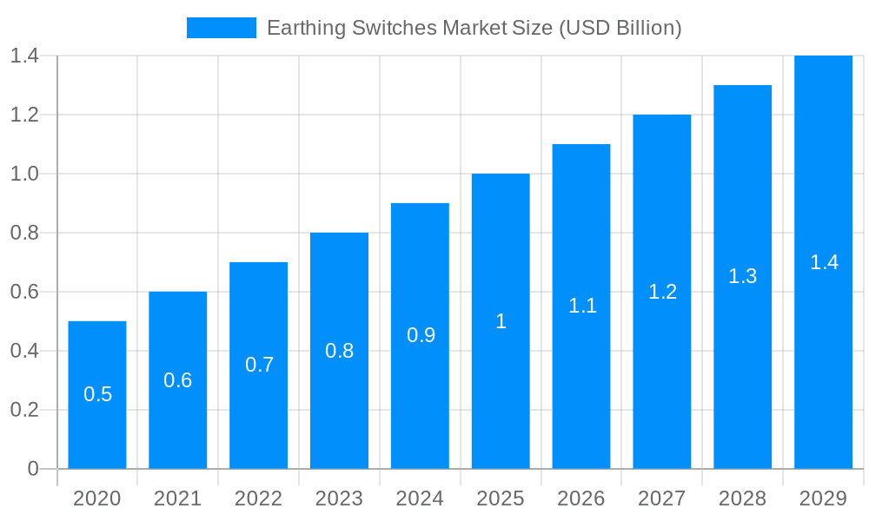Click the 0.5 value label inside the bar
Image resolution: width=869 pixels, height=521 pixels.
[97, 394]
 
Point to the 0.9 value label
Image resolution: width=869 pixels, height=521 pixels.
[421, 335]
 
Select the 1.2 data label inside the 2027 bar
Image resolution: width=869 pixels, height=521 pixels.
[662, 292]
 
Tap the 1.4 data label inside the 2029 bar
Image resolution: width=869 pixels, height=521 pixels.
[824, 262]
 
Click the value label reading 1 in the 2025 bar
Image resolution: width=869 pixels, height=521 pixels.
[501, 321]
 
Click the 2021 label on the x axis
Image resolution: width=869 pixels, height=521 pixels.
[177, 498]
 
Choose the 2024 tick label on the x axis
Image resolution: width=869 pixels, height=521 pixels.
[420, 498]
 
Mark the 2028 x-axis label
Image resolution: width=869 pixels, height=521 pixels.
[742, 498]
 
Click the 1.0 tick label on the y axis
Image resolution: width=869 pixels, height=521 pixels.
[24, 174]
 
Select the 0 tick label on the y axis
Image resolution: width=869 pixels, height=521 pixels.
[33, 469]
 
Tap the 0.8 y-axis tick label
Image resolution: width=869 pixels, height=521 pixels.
[24, 233]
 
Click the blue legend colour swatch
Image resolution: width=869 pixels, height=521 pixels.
[221, 28]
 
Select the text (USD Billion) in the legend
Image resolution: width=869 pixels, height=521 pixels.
[620, 28]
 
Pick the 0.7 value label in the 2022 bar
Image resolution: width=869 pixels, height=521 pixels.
[259, 365]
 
